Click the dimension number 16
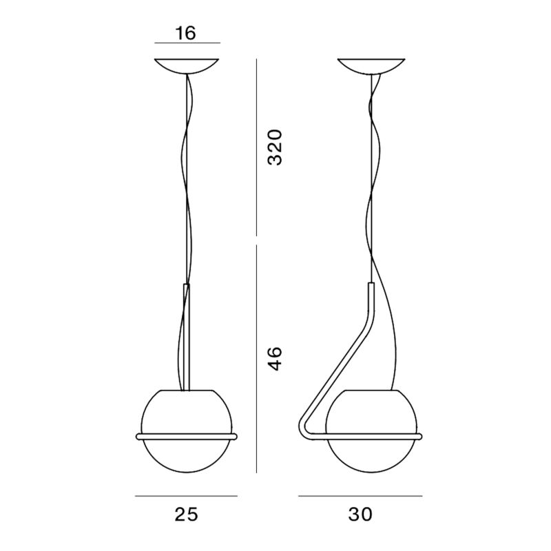[187, 33]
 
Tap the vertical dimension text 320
[275, 147]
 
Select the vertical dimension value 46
[275, 359]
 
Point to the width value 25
[186, 514]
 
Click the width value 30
[360, 514]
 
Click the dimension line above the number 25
[186, 495]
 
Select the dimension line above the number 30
[360, 495]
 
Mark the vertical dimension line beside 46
[256, 358]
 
